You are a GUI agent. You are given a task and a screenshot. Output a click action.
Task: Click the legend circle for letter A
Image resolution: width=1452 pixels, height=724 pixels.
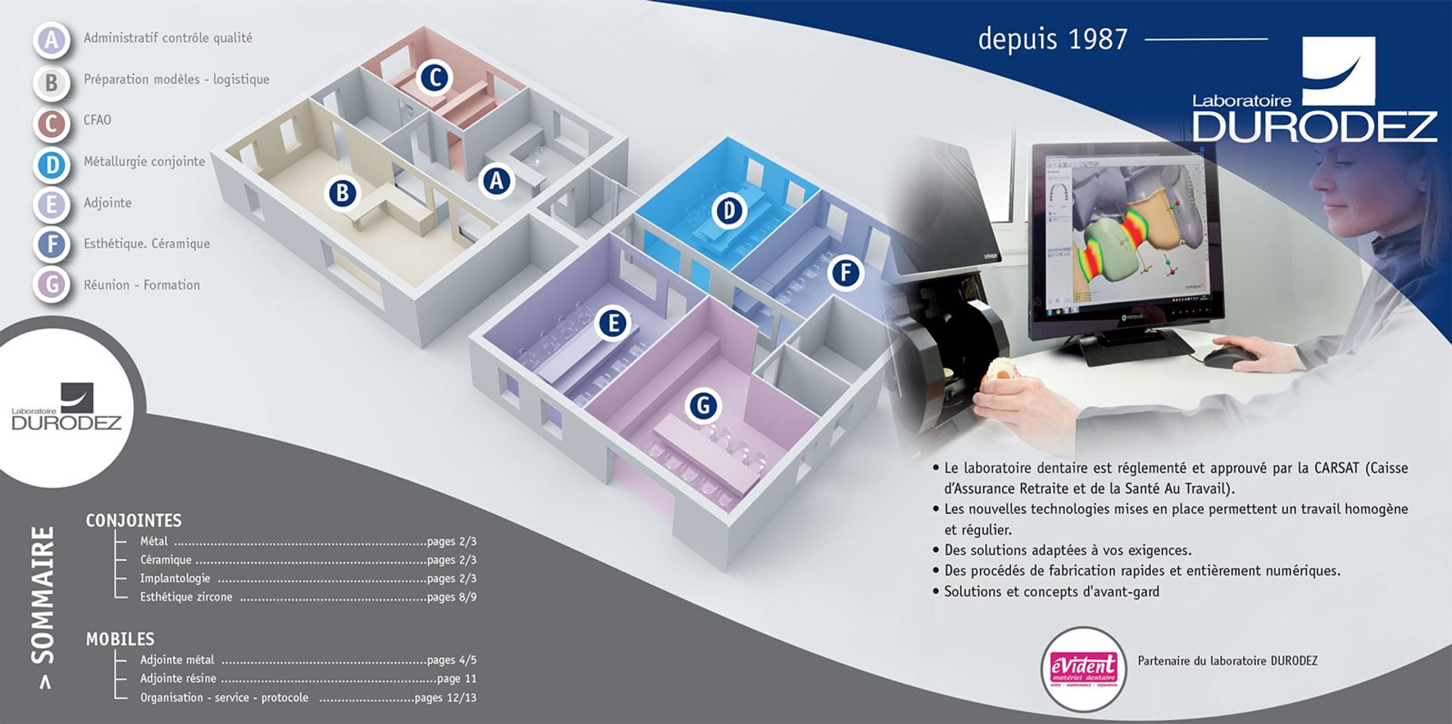(x=51, y=39)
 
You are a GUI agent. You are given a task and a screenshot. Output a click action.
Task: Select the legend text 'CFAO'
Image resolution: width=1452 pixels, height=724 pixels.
(x=98, y=120)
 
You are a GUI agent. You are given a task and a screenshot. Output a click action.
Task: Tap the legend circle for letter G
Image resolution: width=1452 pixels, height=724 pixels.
(x=51, y=285)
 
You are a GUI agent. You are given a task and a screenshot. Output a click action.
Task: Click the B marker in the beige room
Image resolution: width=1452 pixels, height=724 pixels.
(x=342, y=193)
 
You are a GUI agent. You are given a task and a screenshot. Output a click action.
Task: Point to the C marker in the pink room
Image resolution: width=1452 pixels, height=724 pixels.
(x=435, y=77)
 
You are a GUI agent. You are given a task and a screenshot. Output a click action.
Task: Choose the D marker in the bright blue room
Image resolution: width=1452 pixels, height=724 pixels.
(x=729, y=210)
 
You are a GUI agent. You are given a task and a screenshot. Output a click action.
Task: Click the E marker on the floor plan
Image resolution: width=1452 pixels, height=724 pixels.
(x=613, y=323)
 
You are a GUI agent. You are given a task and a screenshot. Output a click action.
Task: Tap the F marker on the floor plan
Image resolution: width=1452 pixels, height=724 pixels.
(x=845, y=273)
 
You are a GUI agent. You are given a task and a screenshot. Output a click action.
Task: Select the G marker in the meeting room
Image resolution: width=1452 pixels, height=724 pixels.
(x=703, y=406)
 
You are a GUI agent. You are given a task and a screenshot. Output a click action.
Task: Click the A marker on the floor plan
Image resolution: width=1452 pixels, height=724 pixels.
(x=497, y=181)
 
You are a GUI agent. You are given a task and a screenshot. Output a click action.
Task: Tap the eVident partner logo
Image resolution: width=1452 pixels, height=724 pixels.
(x=1084, y=670)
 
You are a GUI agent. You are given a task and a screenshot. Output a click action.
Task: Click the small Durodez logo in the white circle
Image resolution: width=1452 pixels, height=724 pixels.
(x=67, y=407)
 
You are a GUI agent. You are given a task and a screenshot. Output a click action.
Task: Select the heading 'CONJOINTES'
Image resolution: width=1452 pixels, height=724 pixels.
(x=134, y=521)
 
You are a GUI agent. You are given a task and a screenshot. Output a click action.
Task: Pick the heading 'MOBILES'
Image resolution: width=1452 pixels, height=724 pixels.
(x=120, y=639)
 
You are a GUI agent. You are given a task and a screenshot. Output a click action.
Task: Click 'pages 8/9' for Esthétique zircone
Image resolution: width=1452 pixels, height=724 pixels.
(x=451, y=597)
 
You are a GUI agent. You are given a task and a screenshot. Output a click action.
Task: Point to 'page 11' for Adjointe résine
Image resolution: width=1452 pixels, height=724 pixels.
(x=457, y=679)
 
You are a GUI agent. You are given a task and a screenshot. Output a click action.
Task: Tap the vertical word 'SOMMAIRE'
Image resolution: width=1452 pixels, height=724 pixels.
(x=43, y=595)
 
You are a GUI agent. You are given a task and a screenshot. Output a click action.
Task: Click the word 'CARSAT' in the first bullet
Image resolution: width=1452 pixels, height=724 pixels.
(x=1337, y=468)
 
